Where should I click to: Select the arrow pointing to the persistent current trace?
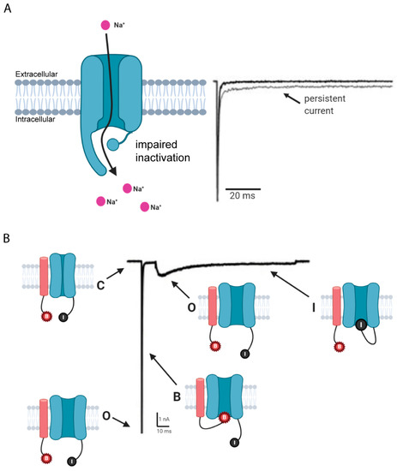coord(292,98)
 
